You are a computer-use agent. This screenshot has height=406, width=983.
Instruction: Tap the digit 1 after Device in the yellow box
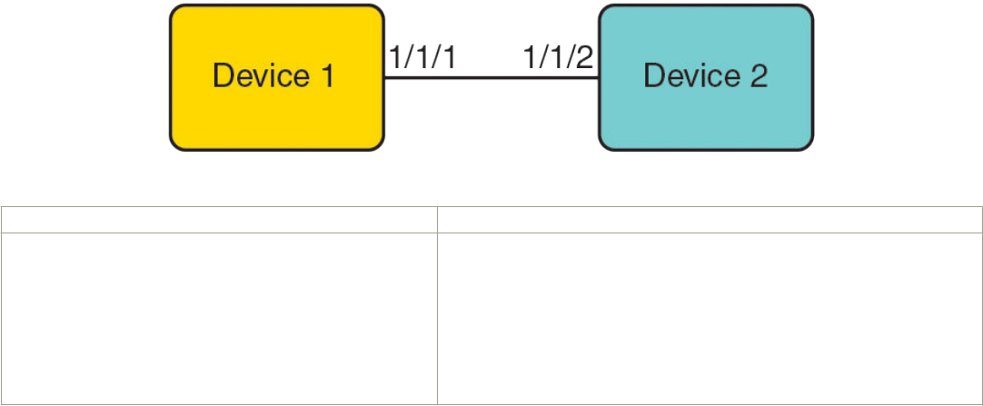point(325,76)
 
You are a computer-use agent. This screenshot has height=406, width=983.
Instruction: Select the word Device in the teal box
point(685,76)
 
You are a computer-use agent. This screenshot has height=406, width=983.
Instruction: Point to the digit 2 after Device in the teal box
point(758,76)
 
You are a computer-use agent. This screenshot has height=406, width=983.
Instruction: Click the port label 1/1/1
point(422,60)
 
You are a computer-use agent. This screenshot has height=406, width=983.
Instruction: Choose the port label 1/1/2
point(559,60)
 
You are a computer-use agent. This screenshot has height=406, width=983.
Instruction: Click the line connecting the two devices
point(491,78)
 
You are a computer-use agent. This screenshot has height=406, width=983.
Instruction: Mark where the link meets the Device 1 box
point(383,78)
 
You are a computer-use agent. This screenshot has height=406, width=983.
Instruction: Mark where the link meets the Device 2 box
point(600,78)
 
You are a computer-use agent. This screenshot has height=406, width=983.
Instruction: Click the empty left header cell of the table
point(218,220)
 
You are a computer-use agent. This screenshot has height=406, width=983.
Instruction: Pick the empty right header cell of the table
point(709,220)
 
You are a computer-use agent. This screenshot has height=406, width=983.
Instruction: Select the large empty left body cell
point(218,317)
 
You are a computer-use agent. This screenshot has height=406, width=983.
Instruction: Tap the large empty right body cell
point(709,317)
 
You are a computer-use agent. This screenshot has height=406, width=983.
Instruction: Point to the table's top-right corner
point(981,208)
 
